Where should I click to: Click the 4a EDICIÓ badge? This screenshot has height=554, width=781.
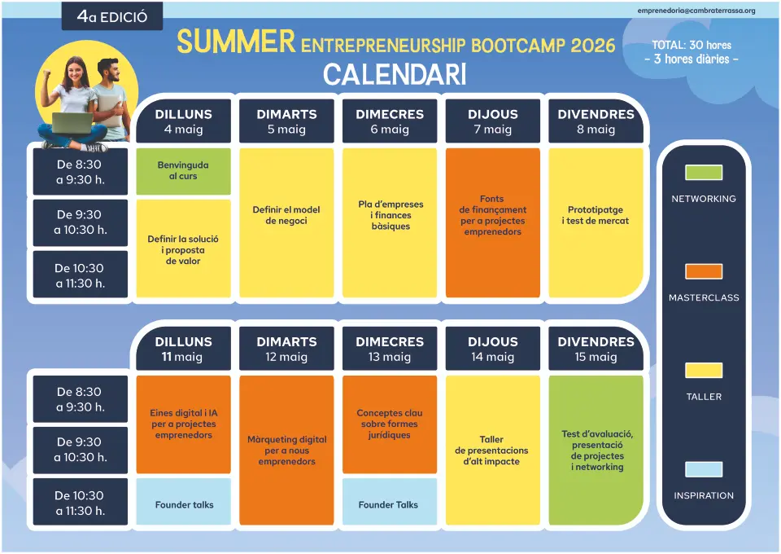coord(112,16)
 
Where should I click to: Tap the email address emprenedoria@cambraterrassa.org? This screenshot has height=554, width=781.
coord(696,11)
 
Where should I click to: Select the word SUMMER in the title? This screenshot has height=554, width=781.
coord(236,42)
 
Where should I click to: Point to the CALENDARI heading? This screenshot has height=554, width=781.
coord(395,75)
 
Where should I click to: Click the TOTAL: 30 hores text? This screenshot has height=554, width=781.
coord(692,45)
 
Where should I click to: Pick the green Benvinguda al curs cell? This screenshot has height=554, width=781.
coord(183,171)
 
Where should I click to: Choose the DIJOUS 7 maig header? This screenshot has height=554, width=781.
coord(493,121)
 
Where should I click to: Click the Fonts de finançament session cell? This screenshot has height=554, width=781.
coord(493,222)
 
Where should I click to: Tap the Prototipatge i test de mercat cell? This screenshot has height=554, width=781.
coord(596,222)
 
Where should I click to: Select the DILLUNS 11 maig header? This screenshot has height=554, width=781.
coord(183,349)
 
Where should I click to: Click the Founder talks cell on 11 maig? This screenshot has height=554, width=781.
coord(183,502)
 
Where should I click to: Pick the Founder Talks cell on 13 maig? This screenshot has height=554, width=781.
coord(390,502)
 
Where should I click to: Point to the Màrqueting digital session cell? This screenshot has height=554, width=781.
coord(286,450)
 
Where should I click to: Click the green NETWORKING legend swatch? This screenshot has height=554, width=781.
coord(703,173)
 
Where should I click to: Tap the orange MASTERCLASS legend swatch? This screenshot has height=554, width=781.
coord(703,271)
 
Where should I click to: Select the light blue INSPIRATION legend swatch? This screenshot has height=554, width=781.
coord(703,469)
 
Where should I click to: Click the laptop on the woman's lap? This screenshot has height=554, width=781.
coord(72,123)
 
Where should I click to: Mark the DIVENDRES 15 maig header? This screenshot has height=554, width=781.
coord(596,349)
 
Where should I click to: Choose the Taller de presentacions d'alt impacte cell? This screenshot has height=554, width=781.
coord(493,450)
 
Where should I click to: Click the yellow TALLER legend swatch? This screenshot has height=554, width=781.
coord(703,371)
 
